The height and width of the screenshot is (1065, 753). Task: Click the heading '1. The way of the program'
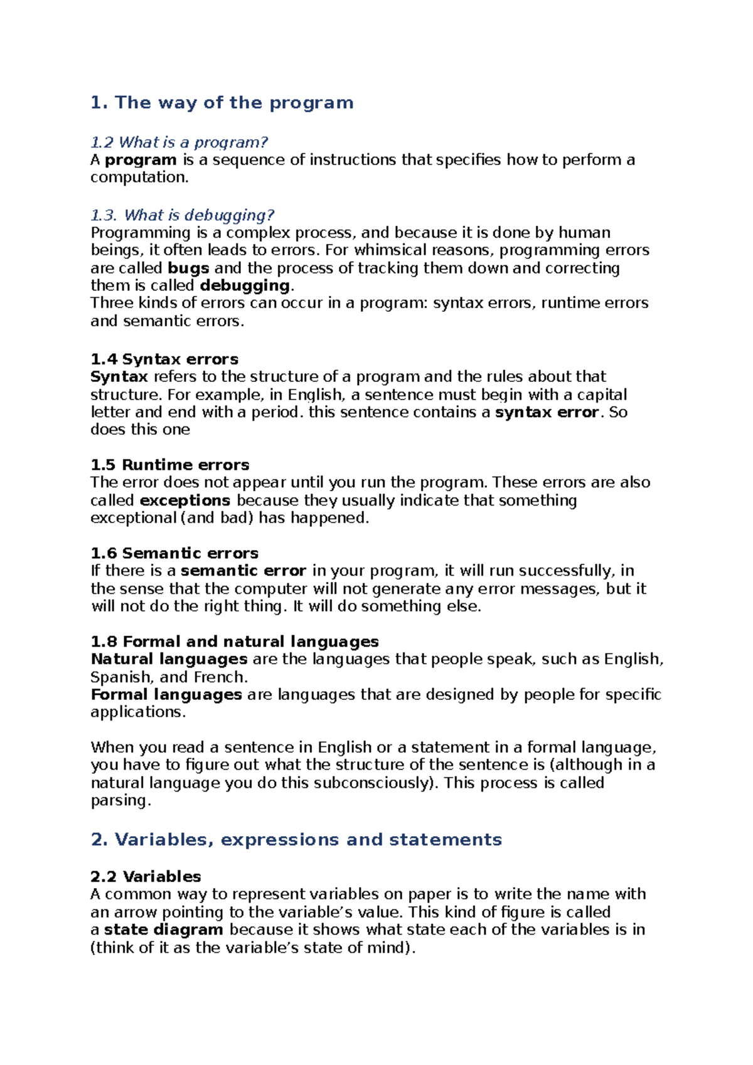click(x=222, y=103)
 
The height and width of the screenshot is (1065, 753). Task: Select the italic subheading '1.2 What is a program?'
click(x=179, y=142)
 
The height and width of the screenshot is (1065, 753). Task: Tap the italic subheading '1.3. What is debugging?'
click(x=183, y=215)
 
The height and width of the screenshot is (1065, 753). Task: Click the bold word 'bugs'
click(x=188, y=268)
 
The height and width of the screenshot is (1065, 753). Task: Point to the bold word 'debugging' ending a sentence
click(x=245, y=286)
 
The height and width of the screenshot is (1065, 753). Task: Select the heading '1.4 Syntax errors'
click(x=164, y=359)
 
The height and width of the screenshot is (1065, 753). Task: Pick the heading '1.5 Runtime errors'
click(x=169, y=465)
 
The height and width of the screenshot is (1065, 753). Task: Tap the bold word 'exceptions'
click(x=185, y=501)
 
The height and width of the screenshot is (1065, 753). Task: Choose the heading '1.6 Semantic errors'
click(x=174, y=553)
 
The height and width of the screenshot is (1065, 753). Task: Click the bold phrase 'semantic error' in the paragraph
click(x=243, y=571)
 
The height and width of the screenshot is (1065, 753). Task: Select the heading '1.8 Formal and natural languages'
click(x=235, y=642)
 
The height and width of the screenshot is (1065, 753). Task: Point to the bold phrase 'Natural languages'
click(x=169, y=659)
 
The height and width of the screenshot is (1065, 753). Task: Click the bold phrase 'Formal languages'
click(x=166, y=695)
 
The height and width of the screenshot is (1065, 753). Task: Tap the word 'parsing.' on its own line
click(x=121, y=801)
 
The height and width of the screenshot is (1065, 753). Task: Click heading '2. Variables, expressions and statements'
click(x=296, y=840)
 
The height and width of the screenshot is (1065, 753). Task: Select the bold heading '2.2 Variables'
click(x=146, y=877)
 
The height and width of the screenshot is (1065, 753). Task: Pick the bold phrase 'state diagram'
click(x=164, y=930)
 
